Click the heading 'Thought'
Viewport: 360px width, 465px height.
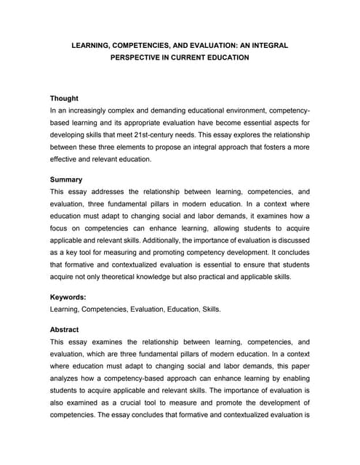point(64,98)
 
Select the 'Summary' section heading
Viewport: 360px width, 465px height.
point(65,179)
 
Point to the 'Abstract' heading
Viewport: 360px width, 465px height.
point(65,328)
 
